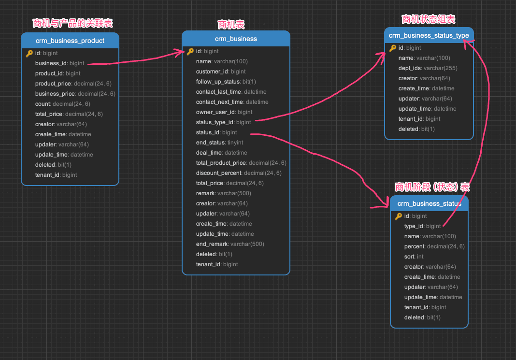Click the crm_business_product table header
coord(70,41)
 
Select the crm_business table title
coord(236,39)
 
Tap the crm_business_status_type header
coord(429,35)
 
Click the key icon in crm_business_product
coord(29,53)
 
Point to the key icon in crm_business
coord(190,51)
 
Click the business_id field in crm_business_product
coord(59,63)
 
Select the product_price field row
coord(73,84)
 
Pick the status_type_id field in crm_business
coord(223,122)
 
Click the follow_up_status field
coord(226,82)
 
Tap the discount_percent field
coord(239,173)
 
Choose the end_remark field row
coord(230,244)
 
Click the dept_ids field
coord(428,68)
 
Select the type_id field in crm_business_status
coord(422,226)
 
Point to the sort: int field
coord(414,256)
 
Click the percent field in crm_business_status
coord(434,246)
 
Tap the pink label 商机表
coord(231,25)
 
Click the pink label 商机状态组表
coord(429,19)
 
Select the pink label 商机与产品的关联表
coord(72,23)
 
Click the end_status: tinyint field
coord(219,143)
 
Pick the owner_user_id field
coord(224,112)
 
